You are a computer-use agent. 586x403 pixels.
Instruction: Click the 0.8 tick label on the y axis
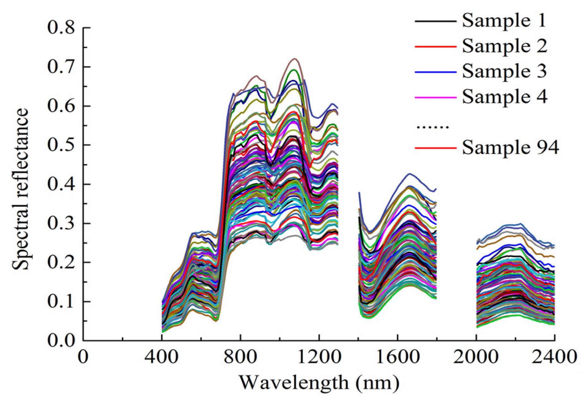click(x=61, y=28)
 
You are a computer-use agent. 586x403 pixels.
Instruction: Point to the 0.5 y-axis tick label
click(x=61, y=145)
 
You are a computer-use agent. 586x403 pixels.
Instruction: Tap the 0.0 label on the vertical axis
click(x=61, y=341)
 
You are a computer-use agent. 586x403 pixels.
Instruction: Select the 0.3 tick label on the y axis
click(x=61, y=223)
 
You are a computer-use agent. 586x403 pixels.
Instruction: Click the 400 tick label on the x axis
click(x=162, y=357)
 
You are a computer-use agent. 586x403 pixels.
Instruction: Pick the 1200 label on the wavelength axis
click(x=318, y=357)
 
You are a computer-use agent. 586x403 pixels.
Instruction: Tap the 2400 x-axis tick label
click(x=554, y=357)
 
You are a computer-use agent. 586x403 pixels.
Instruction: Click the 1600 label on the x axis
click(x=397, y=357)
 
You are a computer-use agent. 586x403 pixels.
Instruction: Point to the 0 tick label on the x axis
click(x=83, y=357)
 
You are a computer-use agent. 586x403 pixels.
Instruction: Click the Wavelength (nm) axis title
click(x=318, y=383)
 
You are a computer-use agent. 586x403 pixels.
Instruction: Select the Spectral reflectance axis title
click(x=21, y=189)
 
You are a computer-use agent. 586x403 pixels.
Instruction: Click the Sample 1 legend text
click(x=504, y=21)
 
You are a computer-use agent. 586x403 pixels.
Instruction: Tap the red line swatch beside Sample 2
click(x=435, y=46)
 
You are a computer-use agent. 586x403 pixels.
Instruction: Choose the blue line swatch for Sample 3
click(x=435, y=72)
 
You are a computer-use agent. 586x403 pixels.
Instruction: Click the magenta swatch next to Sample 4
click(x=435, y=97)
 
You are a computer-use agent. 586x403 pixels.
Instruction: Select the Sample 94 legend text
click(x=510, y=148)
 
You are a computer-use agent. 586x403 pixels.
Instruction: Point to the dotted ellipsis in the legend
click(x=433, y=127)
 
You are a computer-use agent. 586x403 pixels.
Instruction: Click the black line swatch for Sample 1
click(x=435, y=21)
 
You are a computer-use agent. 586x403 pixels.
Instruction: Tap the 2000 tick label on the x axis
click(x=476, y=357)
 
